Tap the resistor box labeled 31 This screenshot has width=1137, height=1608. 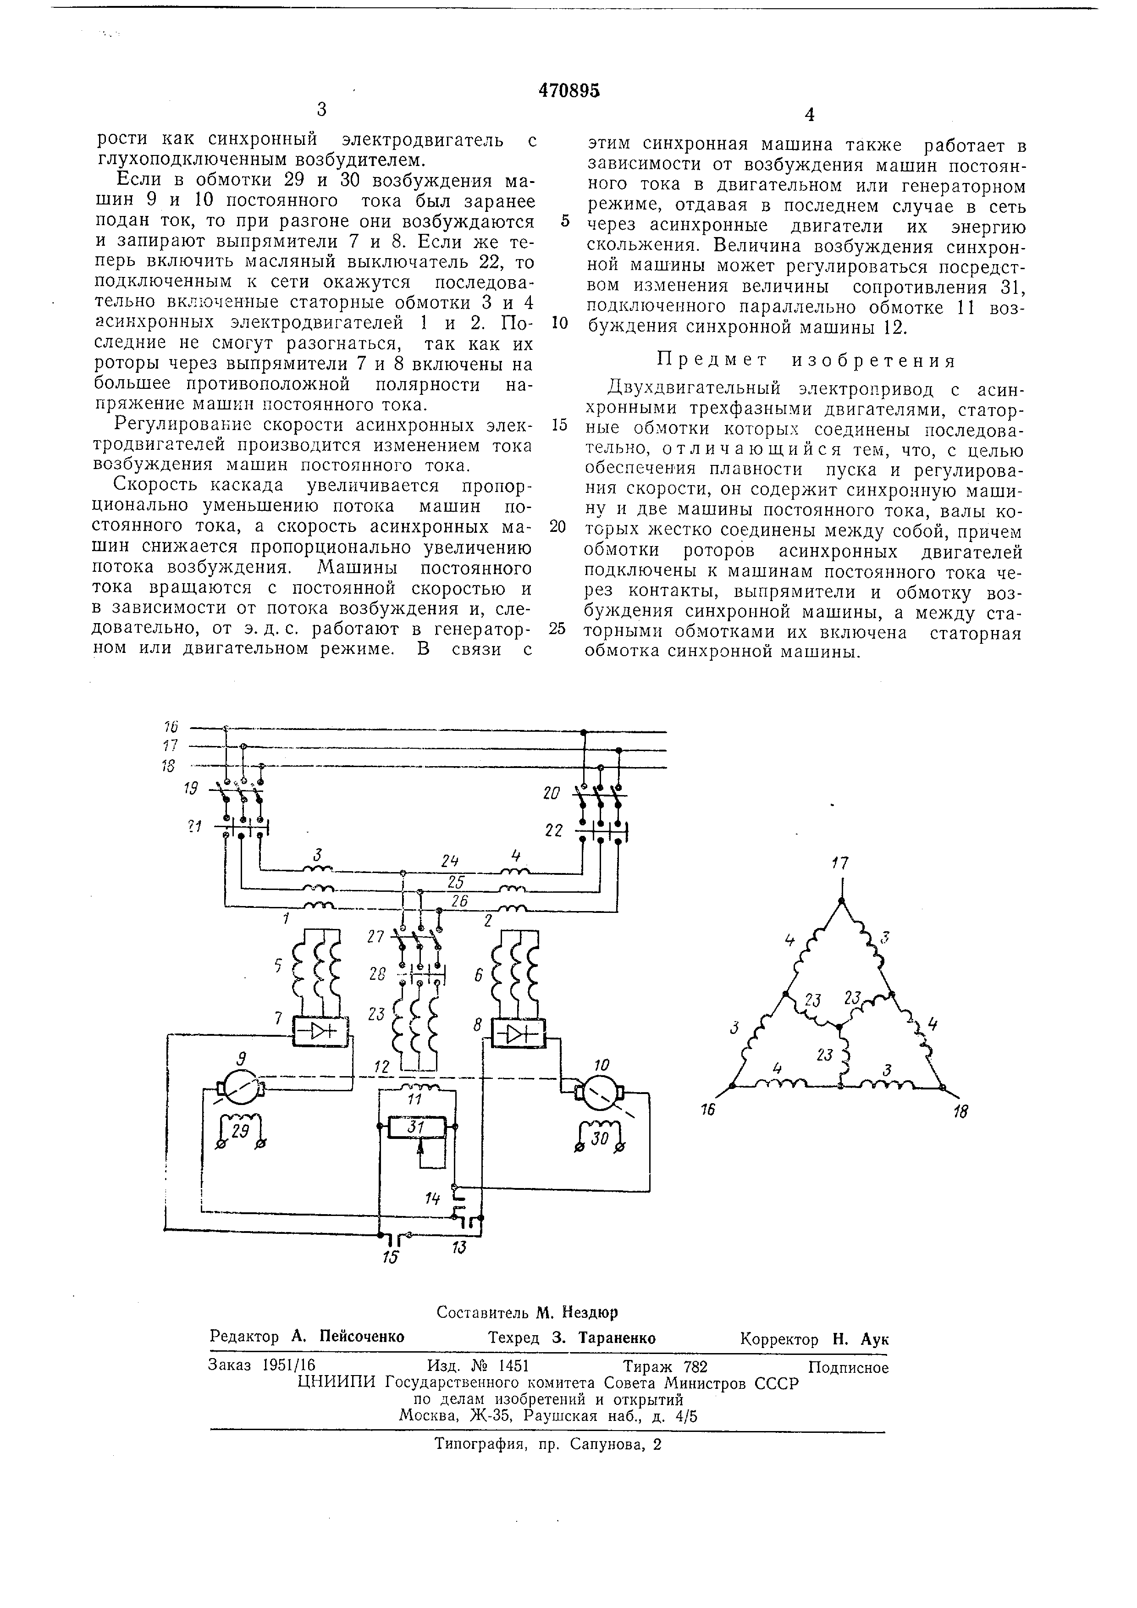pyautogui.click(x=417, y=1127)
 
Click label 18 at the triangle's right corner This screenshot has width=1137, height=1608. pyautogui.click(x=960, y=1111)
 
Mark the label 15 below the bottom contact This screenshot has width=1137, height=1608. pyautogui.click(x=390, y=1258)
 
